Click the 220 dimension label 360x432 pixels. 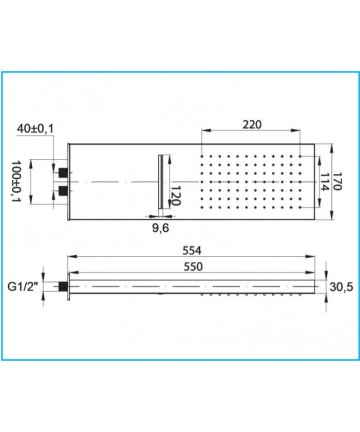coord(252,125)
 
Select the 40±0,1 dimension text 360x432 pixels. coord(35,128)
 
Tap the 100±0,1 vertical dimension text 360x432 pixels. coord(16,181)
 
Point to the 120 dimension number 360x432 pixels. coord(176,196)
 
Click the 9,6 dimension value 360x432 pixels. coord(161,228)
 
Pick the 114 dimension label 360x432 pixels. coord(324,182)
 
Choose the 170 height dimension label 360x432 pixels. coord(337,181)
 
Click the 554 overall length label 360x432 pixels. coord(192,250)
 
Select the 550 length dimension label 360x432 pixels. coord(193,267)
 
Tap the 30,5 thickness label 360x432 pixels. coord(341,287)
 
